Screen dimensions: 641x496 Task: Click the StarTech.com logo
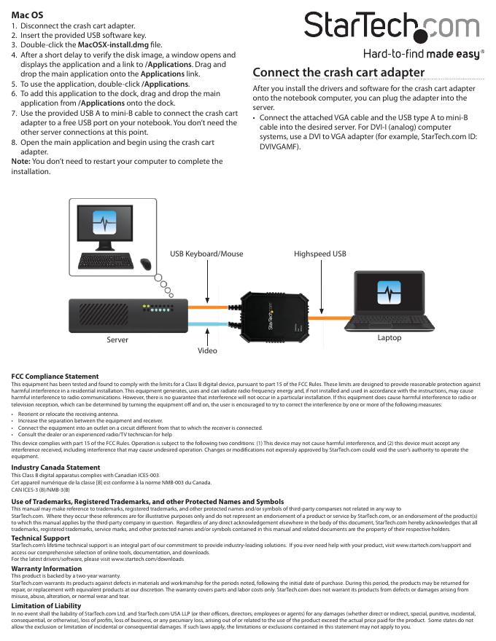(393, 30)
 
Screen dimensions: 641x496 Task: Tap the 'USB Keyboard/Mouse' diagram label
(206, 254)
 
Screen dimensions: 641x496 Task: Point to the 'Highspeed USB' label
(320, 254)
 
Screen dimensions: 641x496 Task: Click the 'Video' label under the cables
(208, 350)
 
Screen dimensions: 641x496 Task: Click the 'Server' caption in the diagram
(117, 339)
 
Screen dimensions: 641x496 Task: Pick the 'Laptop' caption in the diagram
(389, 338)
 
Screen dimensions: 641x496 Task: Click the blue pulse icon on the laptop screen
(389, 293)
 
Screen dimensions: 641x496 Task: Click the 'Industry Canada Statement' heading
(55, 468)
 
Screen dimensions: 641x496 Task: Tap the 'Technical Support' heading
(41, 538)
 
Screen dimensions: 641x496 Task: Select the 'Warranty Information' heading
(47, 568)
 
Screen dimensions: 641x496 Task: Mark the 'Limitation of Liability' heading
(47, 606)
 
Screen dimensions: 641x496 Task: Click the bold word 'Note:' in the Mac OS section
(23, 162)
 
